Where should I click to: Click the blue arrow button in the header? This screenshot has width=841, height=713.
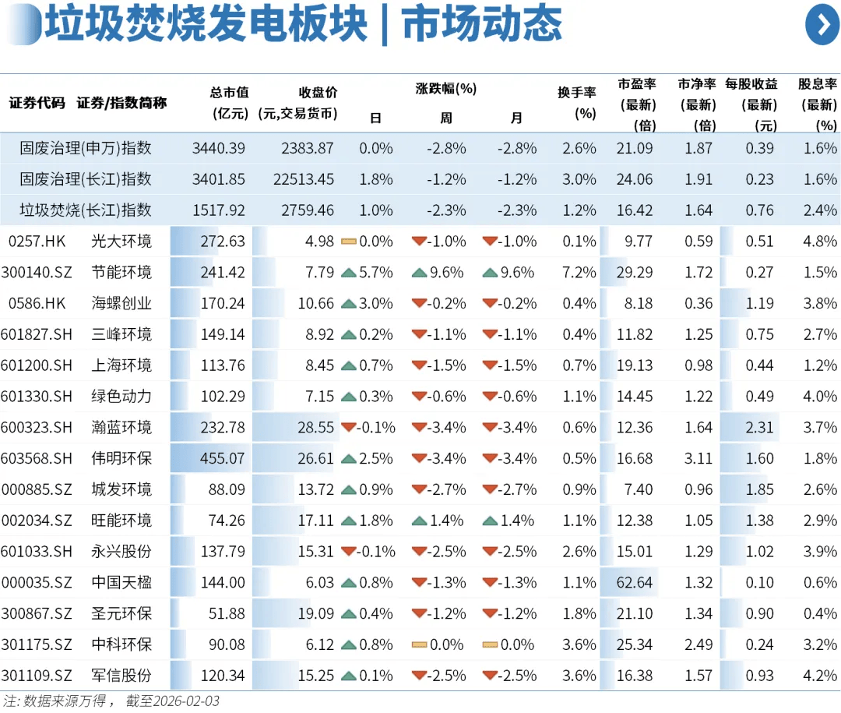pyautogui.click(x=822, y=24)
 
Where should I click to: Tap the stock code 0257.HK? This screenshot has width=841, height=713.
pyautogui.click(x=37, y=241)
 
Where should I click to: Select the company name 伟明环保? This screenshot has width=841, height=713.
pyautogui.click(x=121, y=458)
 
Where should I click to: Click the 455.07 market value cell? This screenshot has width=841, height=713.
pyautogui.click(x=222, y=458)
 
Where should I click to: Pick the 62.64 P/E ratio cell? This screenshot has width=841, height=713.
pyautogui.click(x=633, y=582)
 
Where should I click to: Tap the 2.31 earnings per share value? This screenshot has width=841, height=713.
pyautogui.click(x=760, y=427)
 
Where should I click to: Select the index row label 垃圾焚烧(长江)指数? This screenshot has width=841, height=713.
pyautogui.click(x=86, y=210)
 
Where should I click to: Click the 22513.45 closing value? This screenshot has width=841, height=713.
pyautogui.click(x=304, y=179)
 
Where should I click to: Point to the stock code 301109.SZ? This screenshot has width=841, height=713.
pyautogui.click(x=37, y=675)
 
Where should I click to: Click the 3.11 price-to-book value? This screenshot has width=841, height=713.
pyautogui.click(x=698, y=458)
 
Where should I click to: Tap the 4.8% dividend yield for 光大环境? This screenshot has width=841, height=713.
pyautogui.click(x=820, y=241)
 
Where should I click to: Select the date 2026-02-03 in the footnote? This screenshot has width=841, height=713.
pyautogui.click(x=184, y=701)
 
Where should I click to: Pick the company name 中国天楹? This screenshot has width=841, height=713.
pyautogui.click(x=121, y=582)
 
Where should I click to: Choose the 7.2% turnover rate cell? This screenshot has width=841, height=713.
pyautogui.click(x=579, y=272)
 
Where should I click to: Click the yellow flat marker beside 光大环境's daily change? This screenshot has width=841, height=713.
pyautogui.click(x=349, y=242)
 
